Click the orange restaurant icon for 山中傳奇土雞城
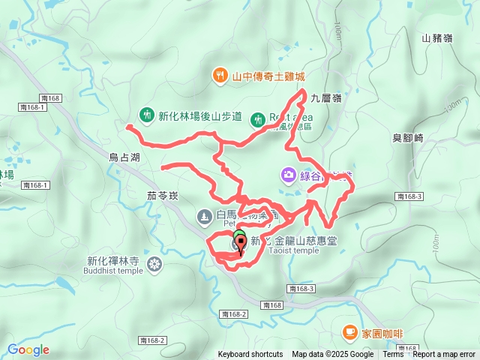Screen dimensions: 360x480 click(x=220, y=75)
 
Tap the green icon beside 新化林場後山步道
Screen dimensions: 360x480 click(x=146, y=115)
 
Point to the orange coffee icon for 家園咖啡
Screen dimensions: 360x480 click(x=349, y=331)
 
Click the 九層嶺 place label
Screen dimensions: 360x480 click(x=326, y=97)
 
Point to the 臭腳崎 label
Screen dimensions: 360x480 click(x=408, y=138)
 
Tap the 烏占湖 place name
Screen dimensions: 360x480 click(x=124, y=157)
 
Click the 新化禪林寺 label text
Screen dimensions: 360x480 click(x=113, y=262)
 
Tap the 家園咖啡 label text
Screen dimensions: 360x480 click(x=382, y=331)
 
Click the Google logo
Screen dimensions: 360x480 click(x=28, y=349)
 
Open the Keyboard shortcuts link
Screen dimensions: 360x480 click(x=250, y=355)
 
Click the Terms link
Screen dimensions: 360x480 click(x=393, y=355)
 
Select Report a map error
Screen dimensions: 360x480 click(x=444, y=355)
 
